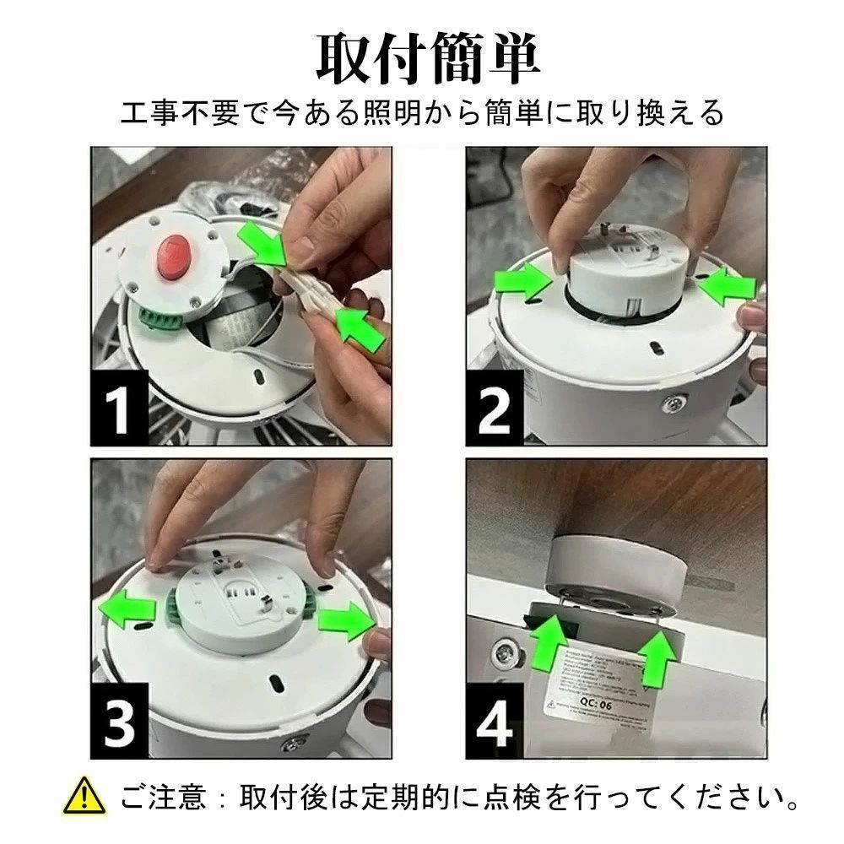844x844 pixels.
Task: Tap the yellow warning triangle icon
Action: (x=86, y=797)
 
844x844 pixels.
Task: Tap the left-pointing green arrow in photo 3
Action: (x=127, y=609)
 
